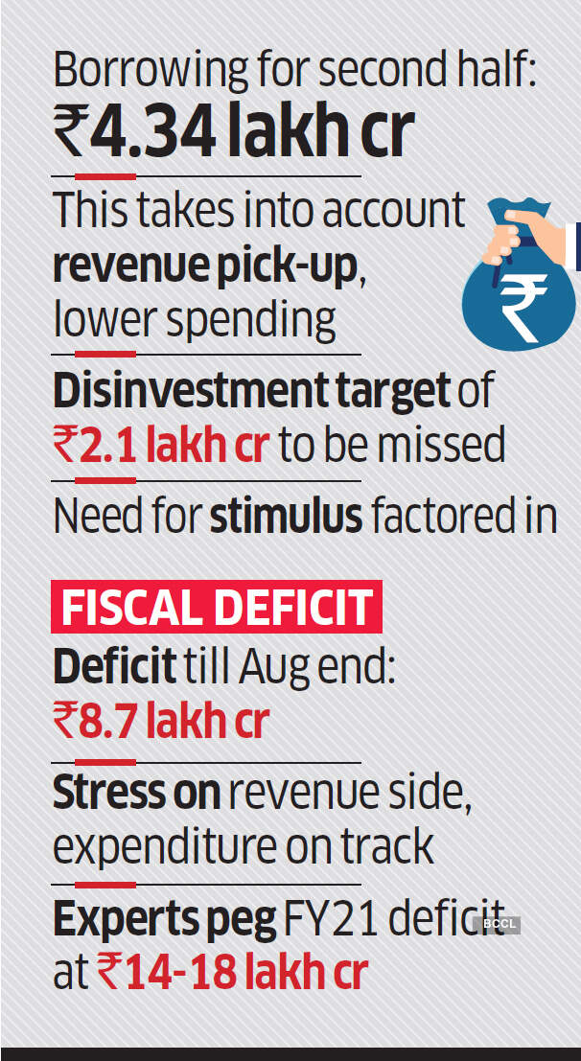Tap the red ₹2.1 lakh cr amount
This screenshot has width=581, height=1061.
[x=160, y=445]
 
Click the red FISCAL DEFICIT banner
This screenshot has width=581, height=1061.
[x=217, y=607]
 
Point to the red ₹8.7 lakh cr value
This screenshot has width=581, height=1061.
[x=160, y=721]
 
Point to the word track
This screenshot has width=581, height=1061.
[x=391, y=846]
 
